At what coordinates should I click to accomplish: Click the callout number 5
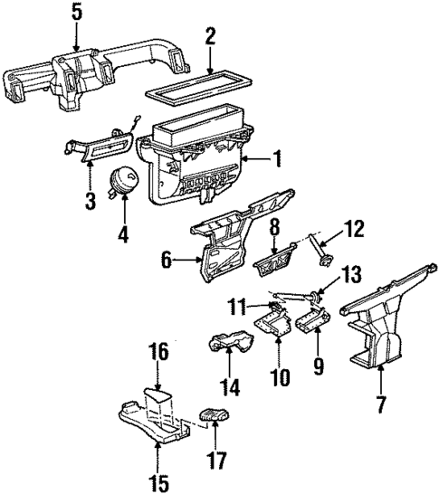(75, 14)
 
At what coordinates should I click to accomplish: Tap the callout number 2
(210, 37)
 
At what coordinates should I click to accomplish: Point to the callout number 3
(91, 200)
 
